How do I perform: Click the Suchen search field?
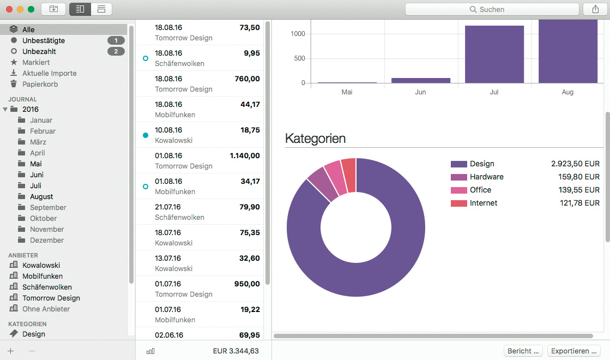pos(492,9)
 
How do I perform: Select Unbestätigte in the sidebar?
pos(44,40)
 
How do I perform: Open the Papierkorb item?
pos(40,84)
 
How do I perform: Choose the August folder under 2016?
pos(41,196)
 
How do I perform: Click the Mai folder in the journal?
pos(36,164)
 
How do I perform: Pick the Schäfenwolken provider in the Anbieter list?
pos(47,287)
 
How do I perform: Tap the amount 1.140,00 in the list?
pos(245,155)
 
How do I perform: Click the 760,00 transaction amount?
pos(247,79)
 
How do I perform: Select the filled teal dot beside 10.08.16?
pos(145,135)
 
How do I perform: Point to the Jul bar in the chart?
pos(494,55)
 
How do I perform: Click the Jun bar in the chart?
pos(420,80)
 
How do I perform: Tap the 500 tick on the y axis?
pos(298,58)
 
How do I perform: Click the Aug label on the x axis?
pos(567,92)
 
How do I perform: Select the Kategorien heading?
pos(315,139)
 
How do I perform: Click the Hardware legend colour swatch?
pos(458,177)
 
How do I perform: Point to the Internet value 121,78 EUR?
pos(575,203)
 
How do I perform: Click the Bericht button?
pos(524,351)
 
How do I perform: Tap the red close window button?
pos(9,9)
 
